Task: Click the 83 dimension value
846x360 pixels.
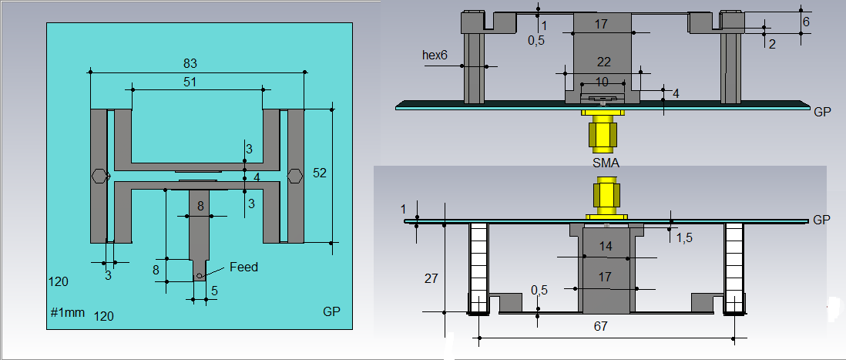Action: pyautogui.click(x=190, y=63)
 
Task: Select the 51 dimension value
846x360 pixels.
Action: pyautogui.click(x=190, y=82)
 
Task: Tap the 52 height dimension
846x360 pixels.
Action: pyautogui.click(x=320, y=173)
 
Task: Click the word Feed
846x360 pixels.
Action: pyautogui.click(x=244, y=267)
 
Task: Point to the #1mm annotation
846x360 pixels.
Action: pyautogui.click(x=68, y=312)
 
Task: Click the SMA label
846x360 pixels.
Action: pyautogui.click(x=606, y=163)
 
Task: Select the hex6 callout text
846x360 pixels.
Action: pyautogui.click(x=436, y=55)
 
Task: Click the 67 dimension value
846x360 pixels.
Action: pyautogui.click(x=600, y=326)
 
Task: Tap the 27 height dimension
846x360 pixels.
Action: pyautogui.click(x=431, y=278)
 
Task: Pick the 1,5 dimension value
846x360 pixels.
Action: pyautogui.click(x=684, y=238)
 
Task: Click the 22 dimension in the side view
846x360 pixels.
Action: pyautogui.click(x=604, y=62)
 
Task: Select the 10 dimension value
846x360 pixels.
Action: pyautogui.click(x=602, y=82)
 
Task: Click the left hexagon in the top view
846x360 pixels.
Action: pyautogui.click(x=99, y=176)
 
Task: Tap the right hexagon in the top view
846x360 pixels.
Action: pyautogui.click(x=294, y=176)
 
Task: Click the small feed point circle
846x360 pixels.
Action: pyautogui.click(x=200, y=276)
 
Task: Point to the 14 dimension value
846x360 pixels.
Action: pyautogui.click(x=606, y=246)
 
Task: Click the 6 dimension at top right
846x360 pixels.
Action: pyautogui.click(x=806, y=22)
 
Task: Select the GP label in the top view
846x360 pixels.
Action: pyautogui.click(x=331, y=311)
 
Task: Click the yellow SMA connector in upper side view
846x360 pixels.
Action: pyautogui.click(x=603, y=130)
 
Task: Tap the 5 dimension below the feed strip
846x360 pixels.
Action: pyautogui.click(x=214, y=291)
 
